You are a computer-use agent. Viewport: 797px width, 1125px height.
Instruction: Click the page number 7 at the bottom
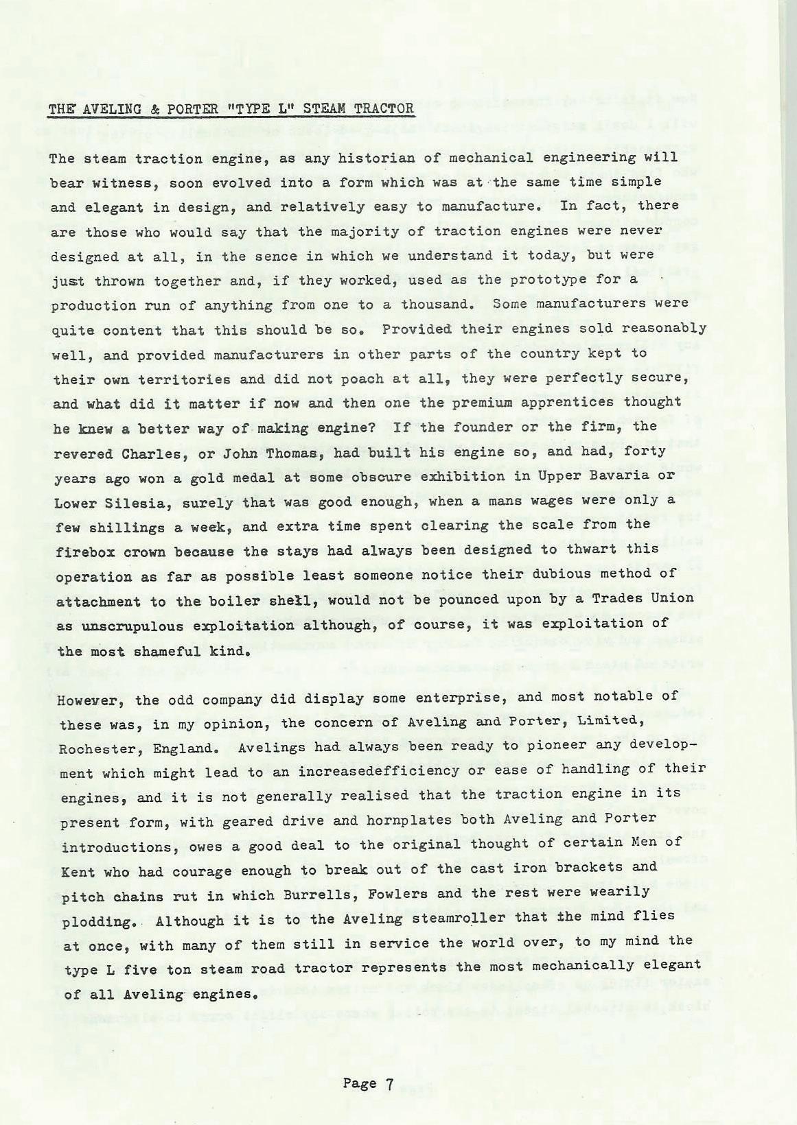coord(389,1084)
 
